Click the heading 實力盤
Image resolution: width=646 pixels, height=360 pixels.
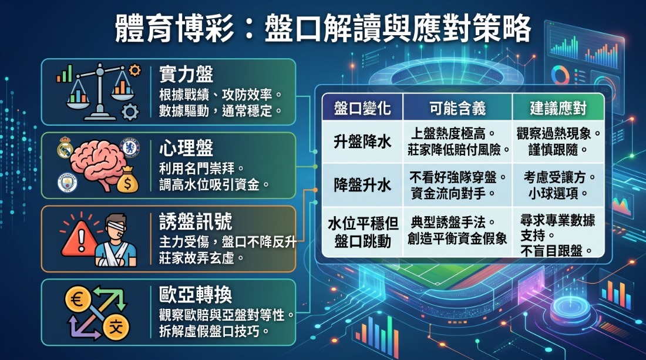point(186,75)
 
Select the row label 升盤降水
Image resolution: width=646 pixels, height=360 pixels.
point(362,142)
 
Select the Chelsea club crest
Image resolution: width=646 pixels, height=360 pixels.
point(129,147)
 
